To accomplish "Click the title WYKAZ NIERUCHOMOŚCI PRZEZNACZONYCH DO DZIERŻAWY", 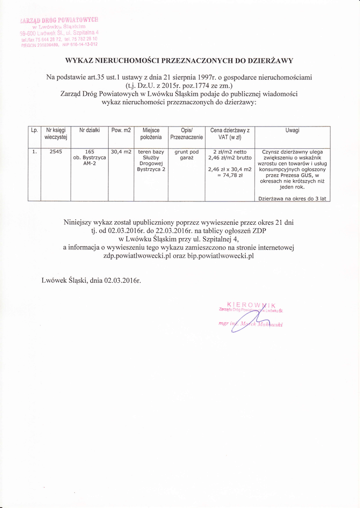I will coord(179,61).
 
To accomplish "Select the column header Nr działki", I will coord(90,130).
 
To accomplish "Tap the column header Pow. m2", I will coord(121,130).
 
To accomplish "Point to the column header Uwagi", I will coord(292,130).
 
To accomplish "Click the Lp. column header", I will coord(34,130).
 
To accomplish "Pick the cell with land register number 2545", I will coord(56,152).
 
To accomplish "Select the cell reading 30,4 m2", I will coord(121,152).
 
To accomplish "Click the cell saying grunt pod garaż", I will coord(187,155).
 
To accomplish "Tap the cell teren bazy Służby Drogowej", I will coord(151,160).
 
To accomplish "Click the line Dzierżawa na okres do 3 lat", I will coord(292,198).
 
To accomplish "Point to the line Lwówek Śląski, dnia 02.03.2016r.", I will coord(92,280).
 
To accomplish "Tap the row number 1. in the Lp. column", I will coord(34,152).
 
